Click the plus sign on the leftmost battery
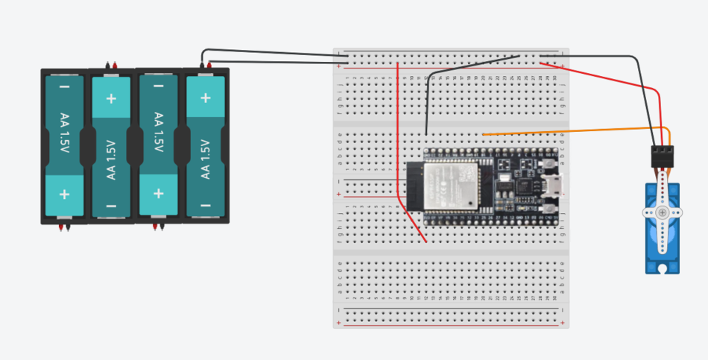click(x=65, y=195)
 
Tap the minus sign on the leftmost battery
click(x=65, y=87)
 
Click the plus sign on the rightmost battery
click(x=205, y=97)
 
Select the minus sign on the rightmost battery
click(x=205, y=206)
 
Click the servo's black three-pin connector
click(x=661, y=157)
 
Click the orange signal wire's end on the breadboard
click(x=484, y=134)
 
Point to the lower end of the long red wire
click(x=426, y=241)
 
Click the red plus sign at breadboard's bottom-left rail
click(x=340, y=323)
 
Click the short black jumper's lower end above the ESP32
click(x=426, y=134)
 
